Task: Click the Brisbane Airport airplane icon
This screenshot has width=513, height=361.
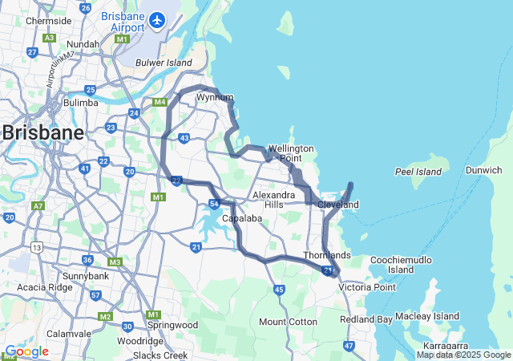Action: click(x=157, y=18)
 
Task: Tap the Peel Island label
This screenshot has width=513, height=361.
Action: click(x=418, y=172)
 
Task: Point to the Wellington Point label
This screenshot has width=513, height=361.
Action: click(x=290, y=153)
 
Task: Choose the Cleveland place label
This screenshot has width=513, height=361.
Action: click(x=338, y=205)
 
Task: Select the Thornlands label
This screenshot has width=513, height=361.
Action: click(x=327, y=255)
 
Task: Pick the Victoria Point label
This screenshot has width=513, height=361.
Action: click(x=367, y=287)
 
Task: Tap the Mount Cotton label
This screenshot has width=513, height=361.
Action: click(x=288, y=322)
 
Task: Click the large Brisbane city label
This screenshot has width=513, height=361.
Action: click(x=42, y=133)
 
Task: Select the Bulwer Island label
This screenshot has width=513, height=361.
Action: click(x=164, y=63)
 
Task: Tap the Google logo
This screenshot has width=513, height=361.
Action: click(x=26, y=351)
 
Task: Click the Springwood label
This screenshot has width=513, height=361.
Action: click(x=172, y=325)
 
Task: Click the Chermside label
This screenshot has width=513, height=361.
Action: click(x=43, y=21)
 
